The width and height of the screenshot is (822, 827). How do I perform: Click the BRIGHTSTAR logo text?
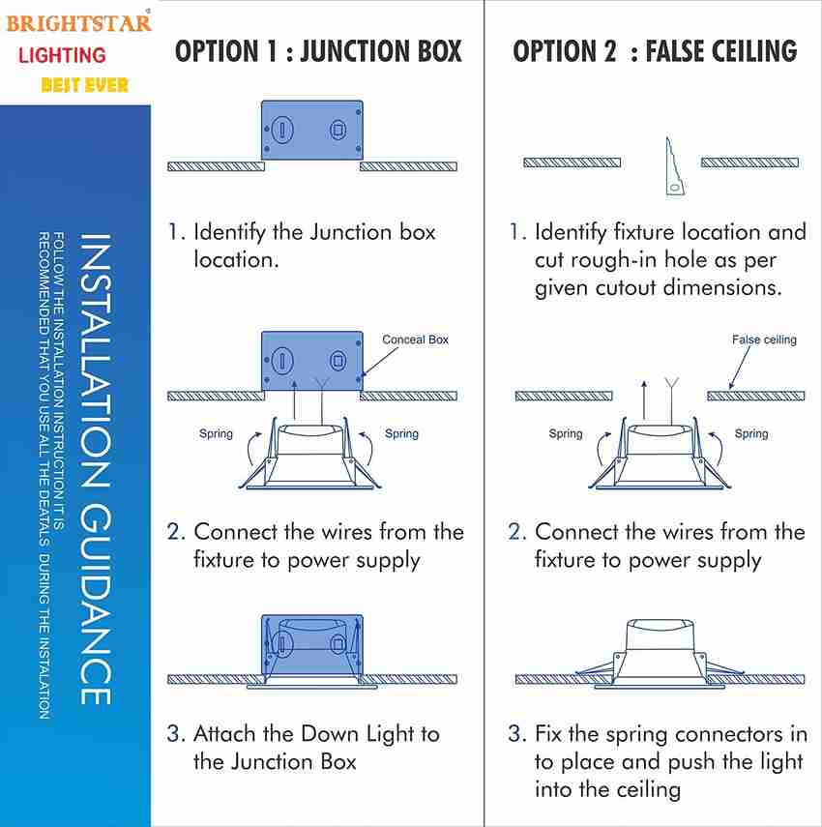tap(79, 21)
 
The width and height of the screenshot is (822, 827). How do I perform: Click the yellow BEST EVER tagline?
tap(84, 85)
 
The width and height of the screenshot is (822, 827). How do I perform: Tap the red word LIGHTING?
tap(62, 55)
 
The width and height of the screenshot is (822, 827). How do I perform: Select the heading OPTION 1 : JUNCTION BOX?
tap(318, 51)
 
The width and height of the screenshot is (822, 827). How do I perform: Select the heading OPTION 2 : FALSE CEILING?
tap(655, 51)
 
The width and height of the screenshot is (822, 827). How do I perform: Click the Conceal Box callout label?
tap(415, 340)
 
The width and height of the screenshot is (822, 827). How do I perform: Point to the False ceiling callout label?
tap(764, 340)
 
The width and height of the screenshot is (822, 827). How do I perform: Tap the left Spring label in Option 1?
tap(216, 433)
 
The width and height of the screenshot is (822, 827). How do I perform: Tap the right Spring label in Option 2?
tap(750, 433)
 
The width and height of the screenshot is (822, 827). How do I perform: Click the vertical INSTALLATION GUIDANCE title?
tap(94, 469)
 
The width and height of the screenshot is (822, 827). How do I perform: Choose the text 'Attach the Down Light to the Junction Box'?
tap(315, 748)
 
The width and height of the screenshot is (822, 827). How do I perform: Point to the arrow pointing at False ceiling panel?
tap(740, 368)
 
